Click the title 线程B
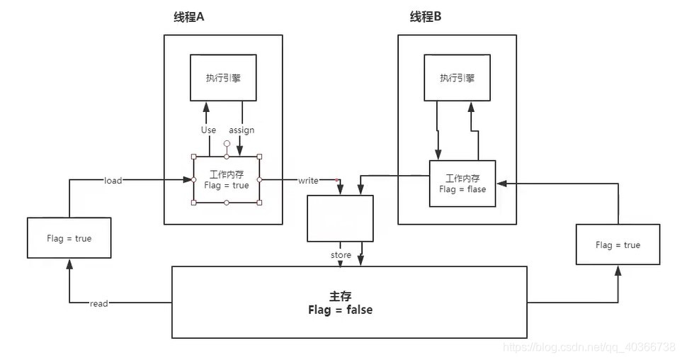click(425, 16)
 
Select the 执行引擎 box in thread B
click(457, 78)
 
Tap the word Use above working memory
click(208, 130)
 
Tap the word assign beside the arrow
click(241, 130)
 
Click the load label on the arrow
click(113, 181)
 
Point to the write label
click(308, 181)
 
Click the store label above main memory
click(341, 255)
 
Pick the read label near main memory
click(99, 303)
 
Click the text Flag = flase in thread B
click(462, 189)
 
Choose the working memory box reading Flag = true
click(226, 180)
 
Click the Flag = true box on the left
click(69, 238)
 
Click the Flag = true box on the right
click(618, 245)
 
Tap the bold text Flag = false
click(340, 310)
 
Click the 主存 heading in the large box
click(341, 296)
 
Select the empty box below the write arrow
click(339, 219)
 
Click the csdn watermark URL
click(588, 347)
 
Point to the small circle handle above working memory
click(227, 143)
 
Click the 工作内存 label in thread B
click(462, 178)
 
